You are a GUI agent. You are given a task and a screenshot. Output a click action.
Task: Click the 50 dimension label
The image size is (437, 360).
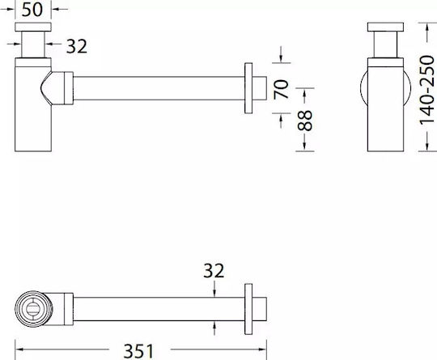[32, 10]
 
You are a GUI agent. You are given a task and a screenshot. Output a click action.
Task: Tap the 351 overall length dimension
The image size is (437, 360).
[138, 351]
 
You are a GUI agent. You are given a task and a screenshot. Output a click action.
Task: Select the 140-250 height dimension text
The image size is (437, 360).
[427, 90]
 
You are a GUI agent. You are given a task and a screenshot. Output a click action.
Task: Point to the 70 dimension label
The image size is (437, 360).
[281, 89]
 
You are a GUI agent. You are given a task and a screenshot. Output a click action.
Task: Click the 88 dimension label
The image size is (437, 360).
[304, 121]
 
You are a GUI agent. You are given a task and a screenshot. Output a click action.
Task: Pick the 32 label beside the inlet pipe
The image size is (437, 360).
[77, 46]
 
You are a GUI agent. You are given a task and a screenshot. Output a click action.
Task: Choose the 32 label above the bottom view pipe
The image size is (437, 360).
[214, 270]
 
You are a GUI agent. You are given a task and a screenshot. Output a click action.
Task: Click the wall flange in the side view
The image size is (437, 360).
[248, 88]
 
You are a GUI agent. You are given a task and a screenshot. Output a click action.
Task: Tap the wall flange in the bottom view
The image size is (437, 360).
[248, 309]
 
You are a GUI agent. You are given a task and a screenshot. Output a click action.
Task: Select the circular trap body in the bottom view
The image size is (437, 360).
[33, 309]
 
